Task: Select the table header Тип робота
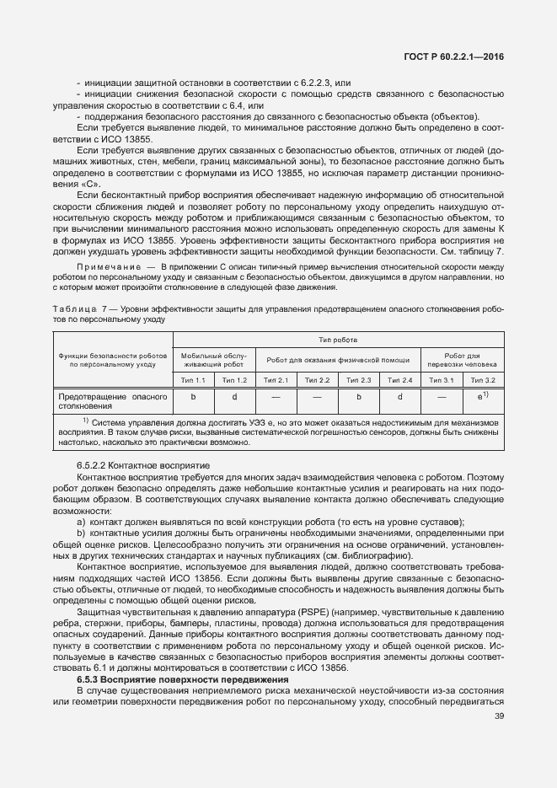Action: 339,340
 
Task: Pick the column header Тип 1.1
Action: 193,381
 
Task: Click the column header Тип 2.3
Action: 359,381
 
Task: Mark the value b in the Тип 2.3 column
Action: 359,395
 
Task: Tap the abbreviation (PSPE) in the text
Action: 310,610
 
